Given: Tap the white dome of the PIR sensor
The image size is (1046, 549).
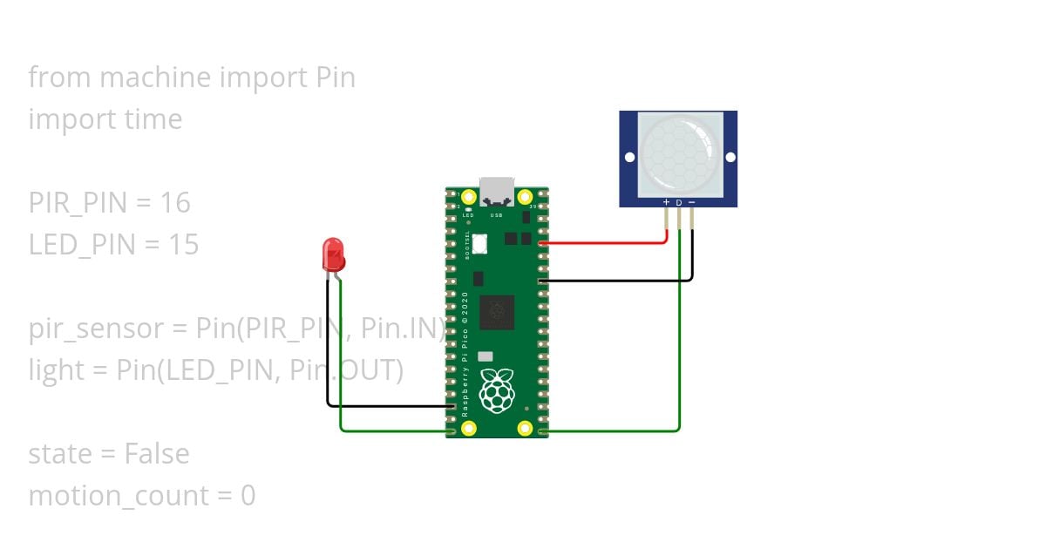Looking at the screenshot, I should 679,154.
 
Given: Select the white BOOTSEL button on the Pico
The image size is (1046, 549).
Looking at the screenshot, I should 479,244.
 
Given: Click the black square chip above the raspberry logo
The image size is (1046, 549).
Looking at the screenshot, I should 496,312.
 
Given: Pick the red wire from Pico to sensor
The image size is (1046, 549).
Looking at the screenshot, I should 610,243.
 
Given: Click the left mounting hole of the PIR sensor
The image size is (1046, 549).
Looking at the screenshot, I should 629,158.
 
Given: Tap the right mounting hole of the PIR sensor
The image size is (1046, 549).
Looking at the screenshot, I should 730,158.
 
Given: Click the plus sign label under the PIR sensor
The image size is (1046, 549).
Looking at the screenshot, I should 667,202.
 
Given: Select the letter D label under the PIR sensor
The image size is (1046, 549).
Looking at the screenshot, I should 679,202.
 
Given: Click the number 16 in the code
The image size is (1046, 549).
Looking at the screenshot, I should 175,203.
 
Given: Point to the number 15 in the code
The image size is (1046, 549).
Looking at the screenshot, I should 184,245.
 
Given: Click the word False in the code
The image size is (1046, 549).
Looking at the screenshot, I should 156,454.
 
